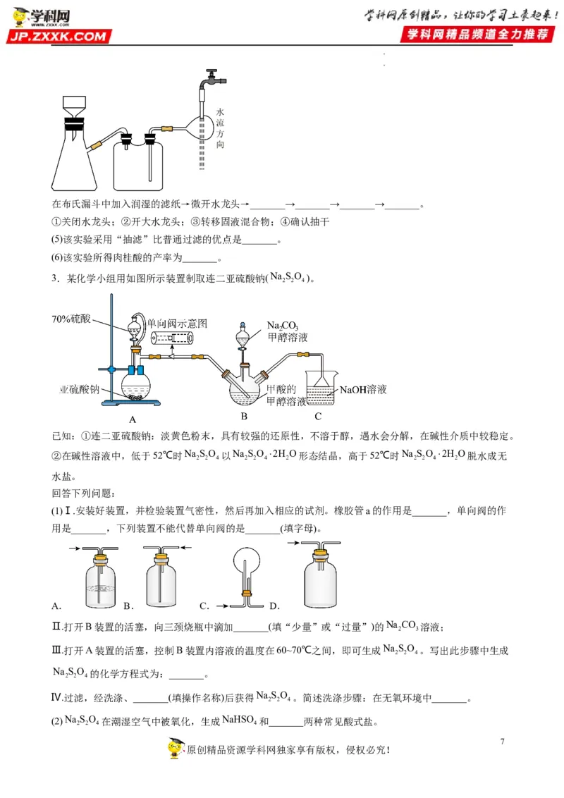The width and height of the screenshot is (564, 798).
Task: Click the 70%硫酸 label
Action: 71,319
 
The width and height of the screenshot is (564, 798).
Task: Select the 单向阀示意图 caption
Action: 177,323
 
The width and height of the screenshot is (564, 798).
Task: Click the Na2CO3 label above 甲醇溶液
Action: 283,326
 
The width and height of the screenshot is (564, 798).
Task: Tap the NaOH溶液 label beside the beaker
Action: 364,389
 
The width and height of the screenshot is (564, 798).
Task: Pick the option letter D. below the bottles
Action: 275,606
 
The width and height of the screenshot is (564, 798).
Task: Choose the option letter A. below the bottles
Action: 57,606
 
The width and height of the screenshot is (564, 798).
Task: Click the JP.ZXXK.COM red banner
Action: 59,36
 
